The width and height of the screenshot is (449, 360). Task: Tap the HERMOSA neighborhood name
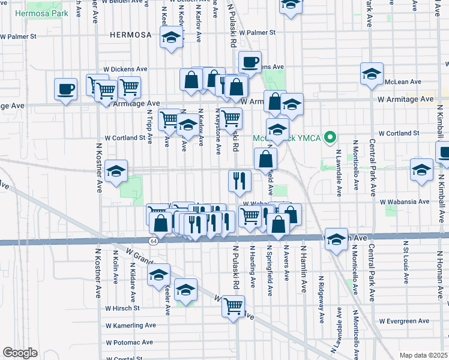tap(131, 35)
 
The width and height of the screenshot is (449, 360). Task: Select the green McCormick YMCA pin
tap(329, 138)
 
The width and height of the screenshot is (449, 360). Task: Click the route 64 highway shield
tap(154, 241)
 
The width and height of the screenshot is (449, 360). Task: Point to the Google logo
tap(20, 353)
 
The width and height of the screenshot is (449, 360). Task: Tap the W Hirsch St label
tap(122, 308)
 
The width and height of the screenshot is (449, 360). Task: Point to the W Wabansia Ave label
tap(406, 202)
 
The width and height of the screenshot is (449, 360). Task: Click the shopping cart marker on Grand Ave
tap(233, 306)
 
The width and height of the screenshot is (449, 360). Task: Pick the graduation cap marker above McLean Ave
tap(372, 73)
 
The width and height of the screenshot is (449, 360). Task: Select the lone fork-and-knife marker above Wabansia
tap(240, 181)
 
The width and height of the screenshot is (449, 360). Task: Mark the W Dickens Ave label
tap(125, 69)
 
